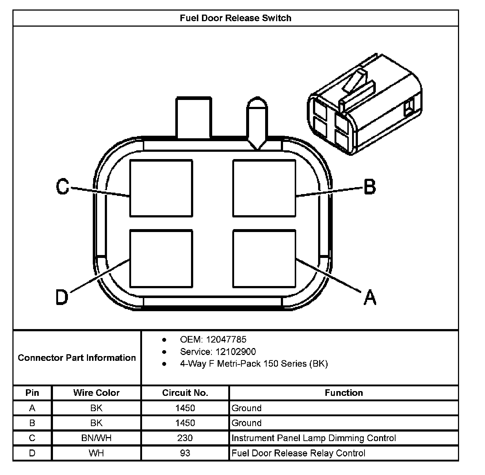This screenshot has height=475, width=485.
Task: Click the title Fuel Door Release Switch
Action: [x=236, y=18]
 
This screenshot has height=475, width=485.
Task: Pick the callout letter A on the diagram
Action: [x=370, y=297]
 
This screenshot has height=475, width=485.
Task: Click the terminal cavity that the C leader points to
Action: [x=161, y=188]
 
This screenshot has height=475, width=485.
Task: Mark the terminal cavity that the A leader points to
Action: [x=264, y=258]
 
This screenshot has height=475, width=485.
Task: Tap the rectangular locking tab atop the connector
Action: [x=194, y=117]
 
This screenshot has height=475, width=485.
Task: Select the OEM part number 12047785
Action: [x=226, y=340]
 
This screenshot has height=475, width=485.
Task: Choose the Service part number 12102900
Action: [x=236, y=352]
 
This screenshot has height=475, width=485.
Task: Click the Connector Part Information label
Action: [x=77, y=358]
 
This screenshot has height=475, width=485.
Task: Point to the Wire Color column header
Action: [x=96, y=393]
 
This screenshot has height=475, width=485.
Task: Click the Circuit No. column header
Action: [x=185, y=393]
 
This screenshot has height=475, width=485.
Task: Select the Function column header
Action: [x=344, y=393]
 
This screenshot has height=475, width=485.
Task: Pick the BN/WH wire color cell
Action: [x=96, y=438]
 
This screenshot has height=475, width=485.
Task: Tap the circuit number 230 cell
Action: [x=185, y=438]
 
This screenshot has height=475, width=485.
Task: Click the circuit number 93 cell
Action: [x=185, y=453]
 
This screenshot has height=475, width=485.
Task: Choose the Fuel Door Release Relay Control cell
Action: [x=298, y=453]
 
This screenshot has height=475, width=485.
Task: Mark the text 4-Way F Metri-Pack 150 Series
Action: [x=254, y=364]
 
